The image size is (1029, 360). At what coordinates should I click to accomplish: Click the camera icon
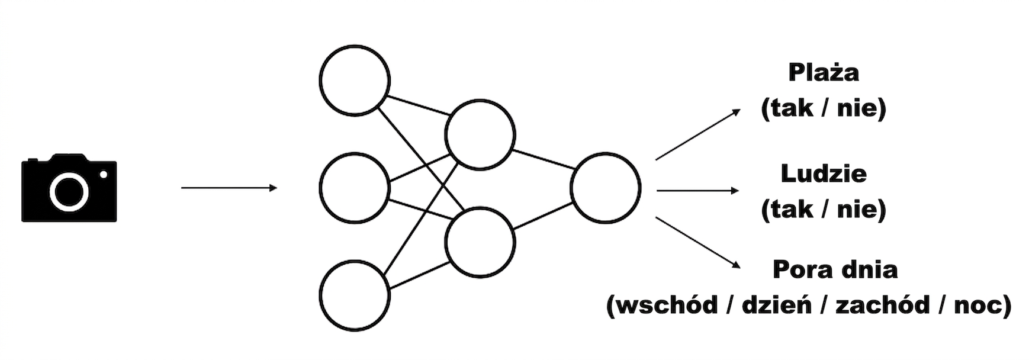pos(69,188)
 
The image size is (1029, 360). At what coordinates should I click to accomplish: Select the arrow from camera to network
pos(229,188)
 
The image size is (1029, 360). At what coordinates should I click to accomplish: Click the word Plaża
pos(824,72)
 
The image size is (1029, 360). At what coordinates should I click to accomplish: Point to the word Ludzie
pos(824,173)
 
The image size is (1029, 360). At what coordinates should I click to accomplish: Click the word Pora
pos(800,269)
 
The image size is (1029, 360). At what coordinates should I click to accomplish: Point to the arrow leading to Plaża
pos(698,134)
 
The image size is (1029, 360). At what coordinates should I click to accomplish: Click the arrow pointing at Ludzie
pos(698,191)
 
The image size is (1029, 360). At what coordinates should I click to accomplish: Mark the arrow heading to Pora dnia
pos(698,243)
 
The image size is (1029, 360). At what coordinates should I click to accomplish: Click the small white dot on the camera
pos(104,174)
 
